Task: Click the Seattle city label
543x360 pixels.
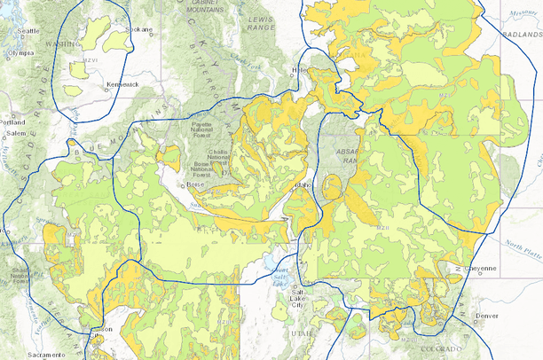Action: pyautogui.click(x=28, y=30)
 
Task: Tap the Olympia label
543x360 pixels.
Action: pyautogui.click(x=20, y=52)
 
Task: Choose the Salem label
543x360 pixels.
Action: pyautogui.click(x=16, y=133)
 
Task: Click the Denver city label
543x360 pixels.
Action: pyautogui.click(x=487, y=316)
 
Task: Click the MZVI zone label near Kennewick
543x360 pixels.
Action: pyautogui.click(x=90, y=61)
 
